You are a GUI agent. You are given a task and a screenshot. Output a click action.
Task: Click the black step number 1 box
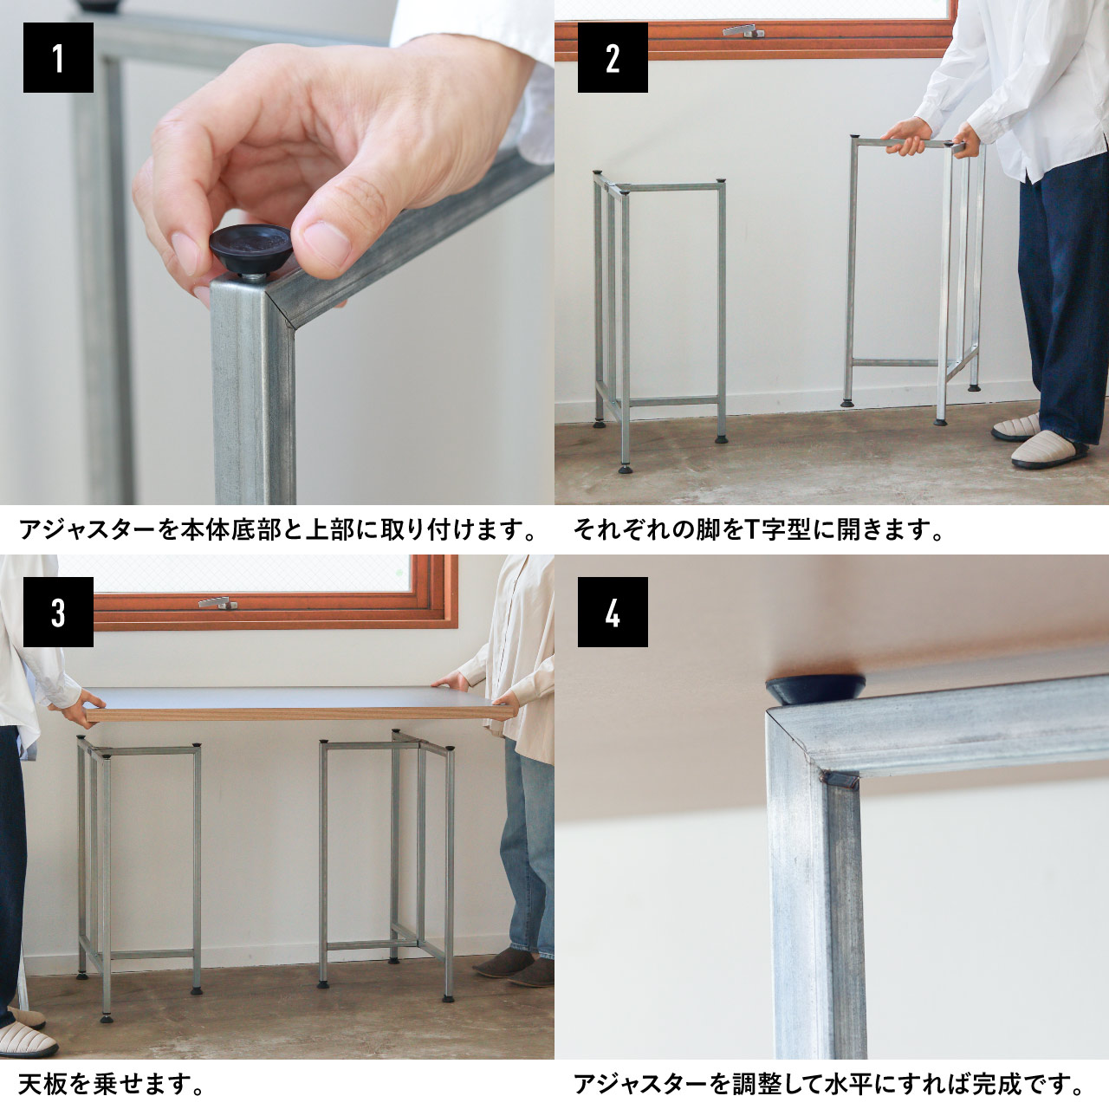[x=58, y=57]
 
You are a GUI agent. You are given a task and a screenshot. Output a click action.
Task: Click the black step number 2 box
[x=613, y=57]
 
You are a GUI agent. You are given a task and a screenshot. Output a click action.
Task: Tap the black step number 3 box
[x=58, y=612]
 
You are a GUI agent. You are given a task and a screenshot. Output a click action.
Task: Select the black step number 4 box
[x=613, y=612]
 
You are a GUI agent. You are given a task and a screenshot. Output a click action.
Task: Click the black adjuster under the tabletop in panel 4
[x=814, y=689]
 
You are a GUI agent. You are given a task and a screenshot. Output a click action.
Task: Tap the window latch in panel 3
[x=218, y=602]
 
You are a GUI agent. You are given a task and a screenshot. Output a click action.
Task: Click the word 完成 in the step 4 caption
[x=999, y=1084]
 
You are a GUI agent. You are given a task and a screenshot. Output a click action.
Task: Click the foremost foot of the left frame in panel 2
[x=625, y=469]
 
